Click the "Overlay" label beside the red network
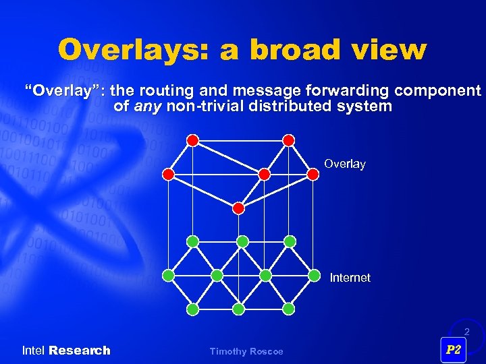[344, 164]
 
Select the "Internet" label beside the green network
[350, 278]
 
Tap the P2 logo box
[454, 349]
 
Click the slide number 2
[466, 332]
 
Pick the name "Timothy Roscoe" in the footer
[246, 351]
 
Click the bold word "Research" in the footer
[80, 351]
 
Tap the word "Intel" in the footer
[34, 351]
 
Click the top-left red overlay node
[192, 140]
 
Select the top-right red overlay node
[288, 140]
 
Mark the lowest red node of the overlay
[238, 208]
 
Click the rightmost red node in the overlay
[313, 175]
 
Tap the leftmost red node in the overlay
[168, 175]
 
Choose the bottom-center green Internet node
[238, 309]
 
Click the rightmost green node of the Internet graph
[314, 275]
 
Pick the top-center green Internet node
[242, 241]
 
